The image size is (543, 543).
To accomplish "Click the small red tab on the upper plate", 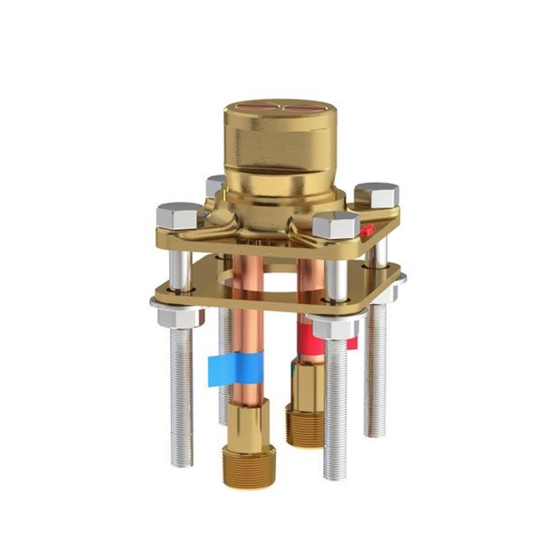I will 367,230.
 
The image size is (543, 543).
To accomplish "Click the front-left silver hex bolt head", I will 180,215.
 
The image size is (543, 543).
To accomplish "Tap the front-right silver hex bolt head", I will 336,224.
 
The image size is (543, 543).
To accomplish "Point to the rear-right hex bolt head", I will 376,194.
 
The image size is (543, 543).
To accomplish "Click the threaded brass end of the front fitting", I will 249,465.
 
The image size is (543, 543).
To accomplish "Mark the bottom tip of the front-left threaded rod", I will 182,464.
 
